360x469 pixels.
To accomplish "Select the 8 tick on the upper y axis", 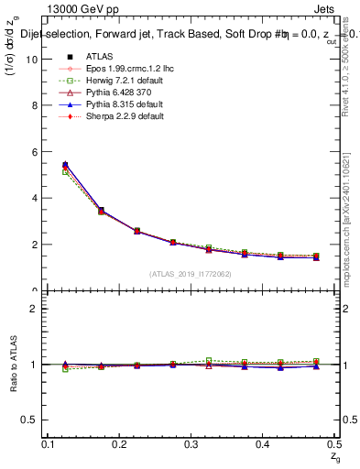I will [x=36, y=105].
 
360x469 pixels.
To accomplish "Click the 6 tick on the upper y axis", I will [x=36, y=151].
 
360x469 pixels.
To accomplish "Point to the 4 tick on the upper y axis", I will [x=36, y=198].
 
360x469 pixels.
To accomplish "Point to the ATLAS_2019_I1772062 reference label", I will [x=189, y=274].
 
